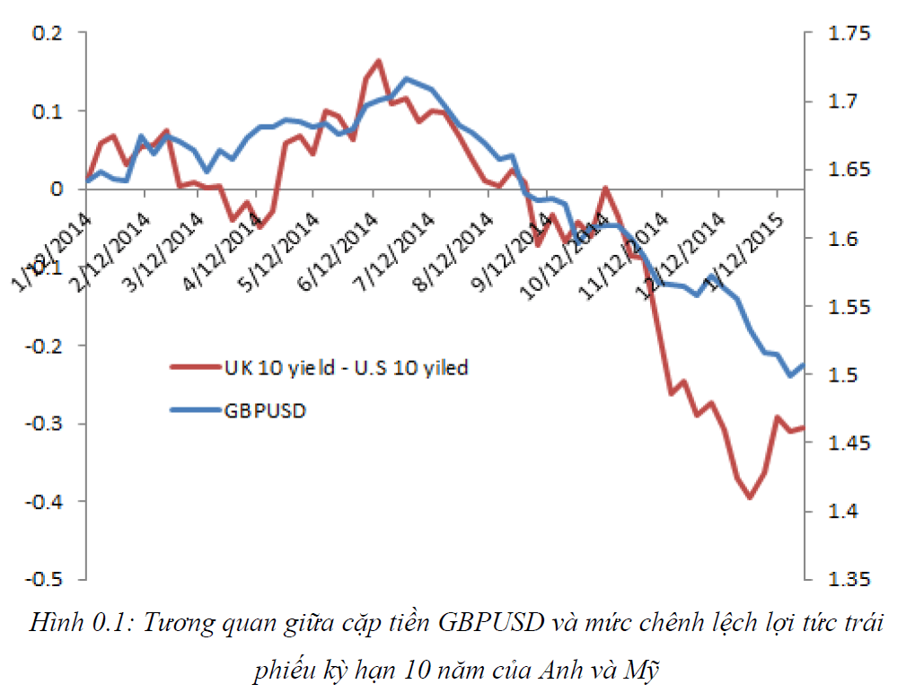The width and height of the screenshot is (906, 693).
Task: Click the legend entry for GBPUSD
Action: (x=265, y=411)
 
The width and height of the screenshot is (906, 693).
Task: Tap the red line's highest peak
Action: (x=378, y=61)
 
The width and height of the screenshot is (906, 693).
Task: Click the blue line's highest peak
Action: (x=406, y=79)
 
